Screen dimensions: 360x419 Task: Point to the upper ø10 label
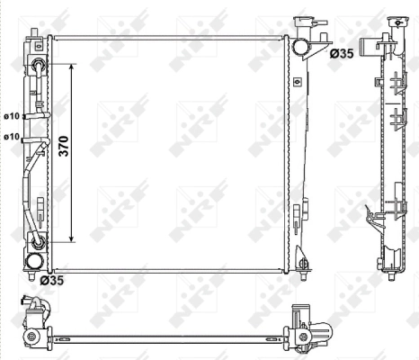tap(12, 116)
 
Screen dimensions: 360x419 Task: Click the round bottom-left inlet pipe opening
tap(36, 261)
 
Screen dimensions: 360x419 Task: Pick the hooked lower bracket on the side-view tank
tap(370, 213)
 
